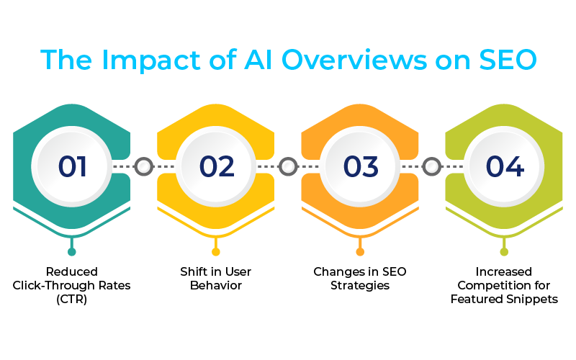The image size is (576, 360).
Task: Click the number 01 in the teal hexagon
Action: pyautogui.click(x=72, y=166)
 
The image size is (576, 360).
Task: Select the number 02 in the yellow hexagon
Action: pyautogui.click(x=217, y=166)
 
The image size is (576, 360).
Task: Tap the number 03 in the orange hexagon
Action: pyautogui.click(x=361, y=166)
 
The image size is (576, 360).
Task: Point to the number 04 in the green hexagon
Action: pyautogui.click(x=505, y=166)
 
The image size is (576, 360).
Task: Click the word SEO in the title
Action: pyautogui.click(x=508, y=60)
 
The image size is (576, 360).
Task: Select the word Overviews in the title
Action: pyautogui.click(x=354, y=60)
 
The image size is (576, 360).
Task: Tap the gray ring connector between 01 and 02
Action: pyautogui.click(x=143, y=166)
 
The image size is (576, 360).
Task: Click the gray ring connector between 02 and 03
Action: pyautogui.click(x=288, y=166)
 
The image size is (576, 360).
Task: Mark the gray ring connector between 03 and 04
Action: pyautogui.click(x=431, y=166)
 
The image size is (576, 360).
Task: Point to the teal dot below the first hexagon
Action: pyautogui.click(x=71, y=251)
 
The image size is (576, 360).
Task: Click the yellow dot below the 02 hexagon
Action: pyautogui.click(x=215, y=251)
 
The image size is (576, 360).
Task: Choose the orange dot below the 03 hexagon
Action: pyautogui.click(x=360, y=251)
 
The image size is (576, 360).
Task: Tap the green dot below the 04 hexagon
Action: pyautogui.click(x=504, y=251)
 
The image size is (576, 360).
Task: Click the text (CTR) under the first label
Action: pyautogui.click(x=71, y=299)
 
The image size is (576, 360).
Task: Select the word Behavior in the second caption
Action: pyautogui.click(x=216, y=285)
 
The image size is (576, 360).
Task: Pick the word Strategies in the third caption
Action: pyautogui.click(x=360, y=286)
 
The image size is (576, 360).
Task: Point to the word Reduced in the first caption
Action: pyautogui.click(x=71, y=272)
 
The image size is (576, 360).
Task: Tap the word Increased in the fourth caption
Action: pyautogui.click(x=503, y=272)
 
